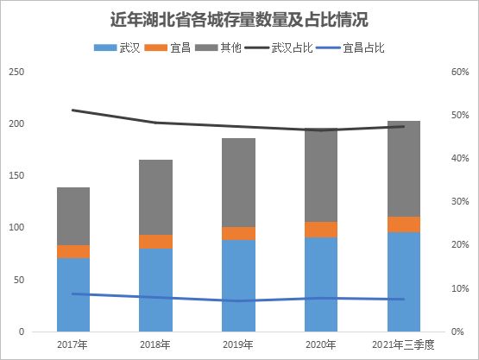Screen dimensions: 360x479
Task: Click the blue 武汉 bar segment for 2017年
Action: pos(73,294)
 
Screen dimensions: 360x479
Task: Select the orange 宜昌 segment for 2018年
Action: pos(156,242)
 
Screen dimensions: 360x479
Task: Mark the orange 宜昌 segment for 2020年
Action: pos(322,229)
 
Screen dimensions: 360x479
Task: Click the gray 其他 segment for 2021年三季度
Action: pos(404,169)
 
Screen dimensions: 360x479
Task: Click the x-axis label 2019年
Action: pos(239,344)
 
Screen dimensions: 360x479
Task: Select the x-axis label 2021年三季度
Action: pos(404,344)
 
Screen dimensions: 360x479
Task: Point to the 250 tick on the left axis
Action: pos(14,73)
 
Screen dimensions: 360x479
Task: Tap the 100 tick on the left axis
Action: pos(14,228)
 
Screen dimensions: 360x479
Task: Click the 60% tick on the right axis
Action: pos(459,73)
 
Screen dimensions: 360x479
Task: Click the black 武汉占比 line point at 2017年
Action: pos(73,111)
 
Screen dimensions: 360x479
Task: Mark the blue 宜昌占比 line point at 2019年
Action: pos(239,301)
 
